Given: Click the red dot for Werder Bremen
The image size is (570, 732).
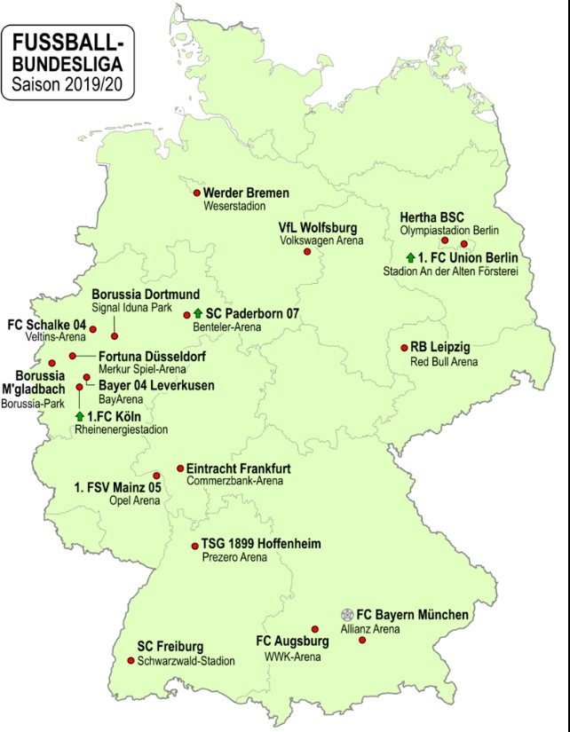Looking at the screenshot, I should (197, 193).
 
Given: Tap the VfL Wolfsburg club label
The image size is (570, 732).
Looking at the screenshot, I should (317, 226).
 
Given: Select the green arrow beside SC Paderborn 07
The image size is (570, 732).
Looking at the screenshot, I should (198, 313).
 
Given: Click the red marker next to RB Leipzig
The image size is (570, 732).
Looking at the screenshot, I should (402, 348).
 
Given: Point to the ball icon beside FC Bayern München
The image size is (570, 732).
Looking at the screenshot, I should (346, 614).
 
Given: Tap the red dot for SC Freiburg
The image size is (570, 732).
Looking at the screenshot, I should (131, 660).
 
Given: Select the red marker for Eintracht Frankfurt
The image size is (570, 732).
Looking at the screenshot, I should (179, 468).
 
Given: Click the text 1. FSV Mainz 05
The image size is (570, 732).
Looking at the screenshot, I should (116, 486).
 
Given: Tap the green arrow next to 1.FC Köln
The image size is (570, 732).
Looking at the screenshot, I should (80, 416).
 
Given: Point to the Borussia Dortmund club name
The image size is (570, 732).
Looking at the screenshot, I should (146, 294).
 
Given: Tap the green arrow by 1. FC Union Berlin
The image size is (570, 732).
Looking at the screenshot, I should (398, 258).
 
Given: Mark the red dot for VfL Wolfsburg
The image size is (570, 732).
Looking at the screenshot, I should (307, 251).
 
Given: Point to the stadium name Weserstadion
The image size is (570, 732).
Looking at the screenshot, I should (230, 207).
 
